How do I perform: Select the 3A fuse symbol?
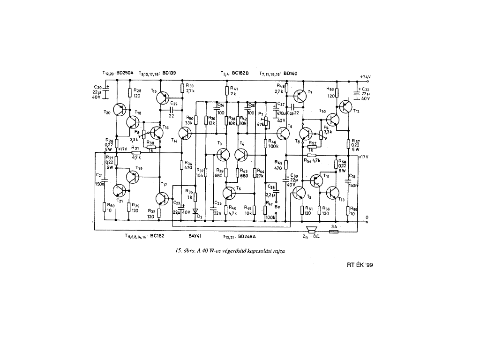pos(335,231)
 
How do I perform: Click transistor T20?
pos(120,110)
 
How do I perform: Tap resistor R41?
pos(227,90)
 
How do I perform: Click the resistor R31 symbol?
pos(135,152)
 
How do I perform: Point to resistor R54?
pos(311,155)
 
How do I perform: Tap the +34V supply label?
pos(365,76)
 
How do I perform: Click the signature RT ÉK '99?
pos(360,265)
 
